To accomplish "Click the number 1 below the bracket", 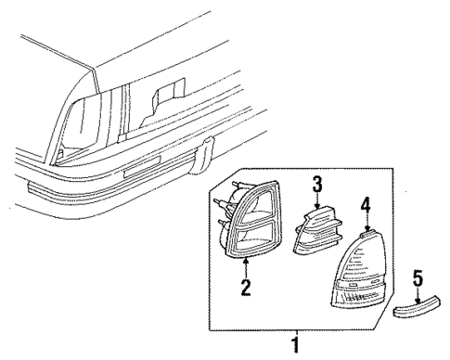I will pos(296,344).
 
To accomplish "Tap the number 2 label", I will pos(246,288).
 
